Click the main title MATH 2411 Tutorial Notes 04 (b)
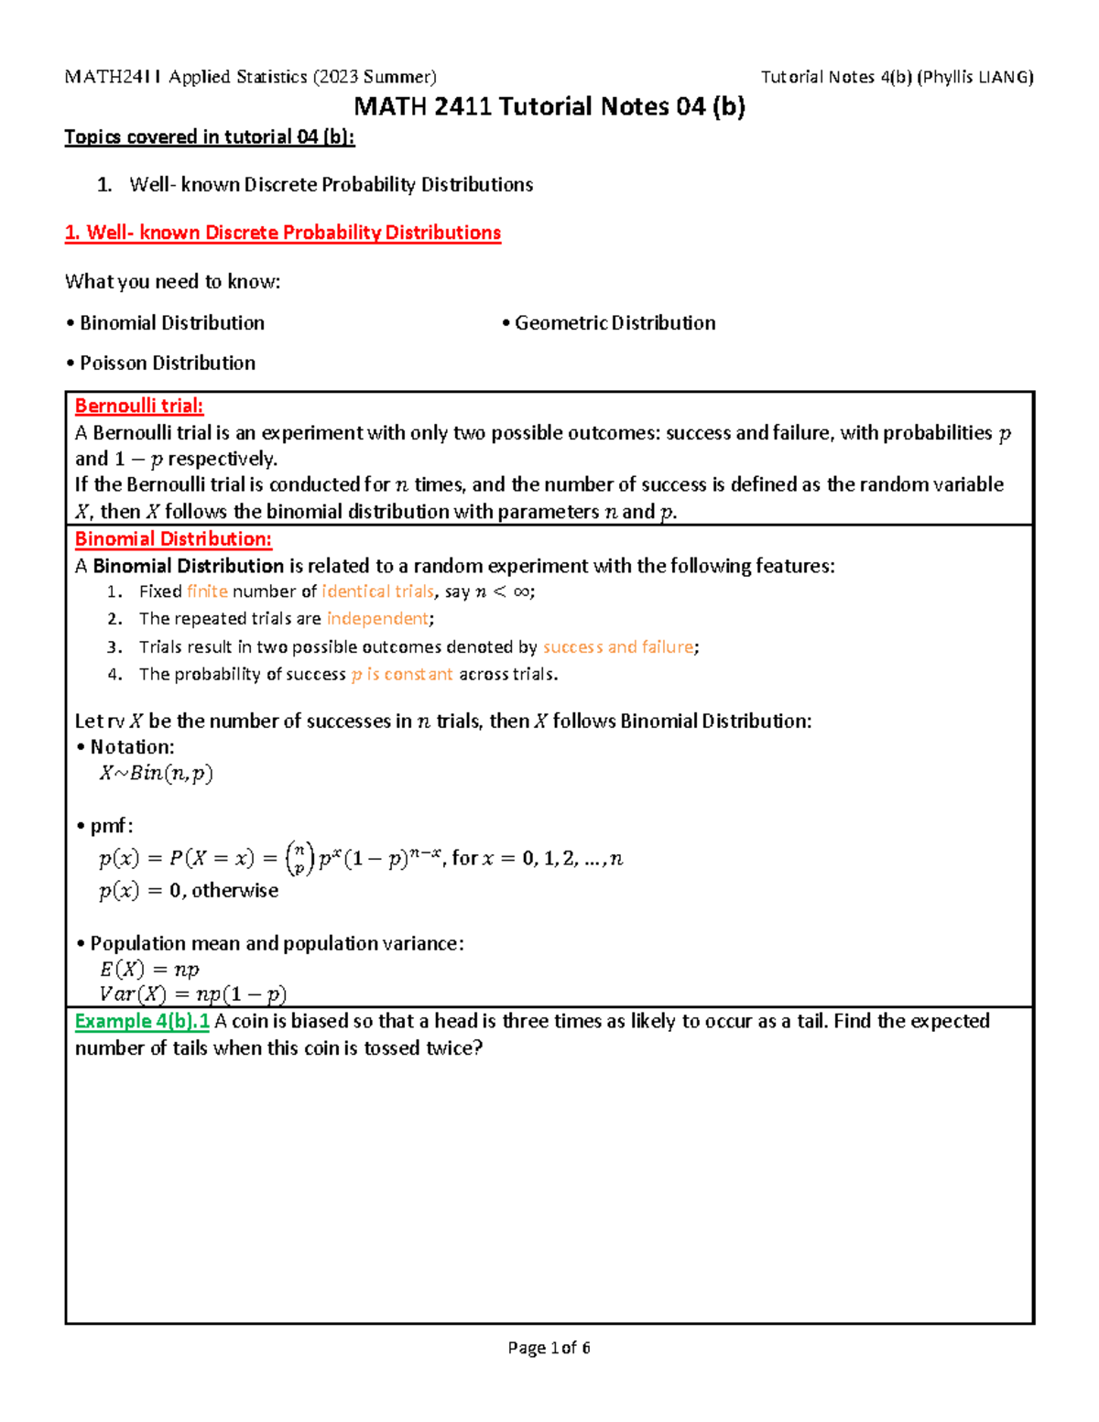tap(549, 107)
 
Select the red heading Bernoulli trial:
tap(139, 406)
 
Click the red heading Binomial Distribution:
tap(173, 539)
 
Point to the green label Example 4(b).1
tap(142, 1021)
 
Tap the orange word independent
tap(377, 619)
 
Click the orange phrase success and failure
tap(618, 647)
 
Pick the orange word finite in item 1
tap(207, 592)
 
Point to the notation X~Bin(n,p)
tap(156, 774)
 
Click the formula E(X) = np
tap(149, 970)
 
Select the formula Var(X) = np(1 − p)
tap(192, 994)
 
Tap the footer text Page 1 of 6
tap(549, 1348)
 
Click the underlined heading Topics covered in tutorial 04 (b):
tap(209, 137)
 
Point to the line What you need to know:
tap(172, 282)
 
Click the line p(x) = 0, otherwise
tap(189, 891)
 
